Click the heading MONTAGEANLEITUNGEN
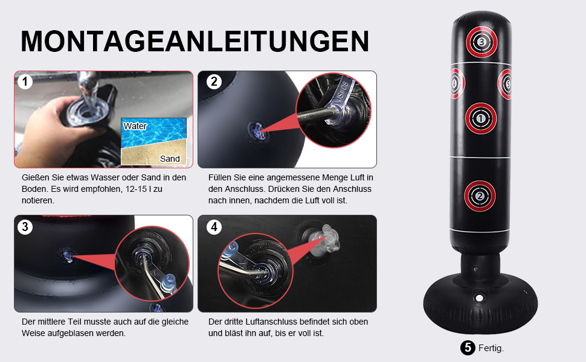pos(195,41)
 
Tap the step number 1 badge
pos(25,81)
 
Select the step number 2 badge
pos(214,81)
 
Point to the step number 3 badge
pos(25,226)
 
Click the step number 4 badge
pos(214,226)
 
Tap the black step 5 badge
pos(468,348)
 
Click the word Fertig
pos(491,348)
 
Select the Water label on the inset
pos(135,126)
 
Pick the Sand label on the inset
pos(170,159)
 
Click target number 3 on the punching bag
pos(481,42)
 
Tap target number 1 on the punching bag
pos(481,118)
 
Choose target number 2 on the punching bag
pos(480,196)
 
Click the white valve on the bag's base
pos(478,298)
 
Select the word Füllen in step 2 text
pos(220,177)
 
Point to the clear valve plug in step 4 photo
pos(324,241)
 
